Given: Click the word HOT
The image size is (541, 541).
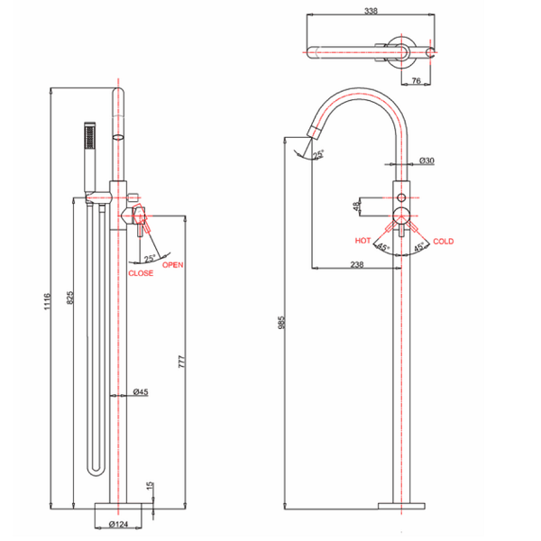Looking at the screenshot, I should pyautogui.click(x=363, y=241).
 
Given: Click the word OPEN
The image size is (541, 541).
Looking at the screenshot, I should pyautogui.click(x=173, y=264).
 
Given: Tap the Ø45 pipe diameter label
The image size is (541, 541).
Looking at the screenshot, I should pyautogui.click(x=140, y=392).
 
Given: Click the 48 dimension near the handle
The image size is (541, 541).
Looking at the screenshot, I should pyautogui.click(x=357, y=207).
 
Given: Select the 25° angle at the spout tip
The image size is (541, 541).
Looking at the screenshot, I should pyautogui.click(x=318, y=155).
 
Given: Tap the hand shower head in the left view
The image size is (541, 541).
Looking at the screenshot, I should pyautogui.click(x=88, y=135).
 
